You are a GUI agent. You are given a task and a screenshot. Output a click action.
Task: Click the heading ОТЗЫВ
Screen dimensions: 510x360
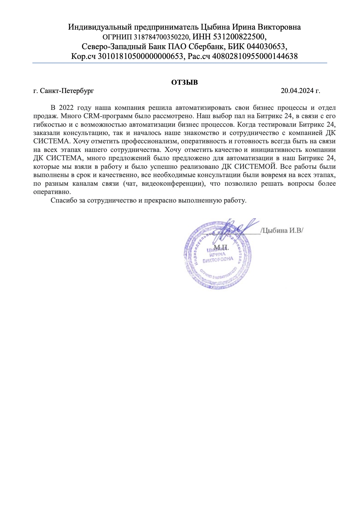click(x=184, y=82)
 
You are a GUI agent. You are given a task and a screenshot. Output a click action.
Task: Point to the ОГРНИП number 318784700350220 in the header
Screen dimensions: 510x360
click(x=162, y=37)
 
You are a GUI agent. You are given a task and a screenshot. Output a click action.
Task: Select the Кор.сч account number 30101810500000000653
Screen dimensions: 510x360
click(x=141, y=56)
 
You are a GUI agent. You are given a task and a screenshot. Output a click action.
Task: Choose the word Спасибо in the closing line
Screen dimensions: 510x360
click(x=61, y=200)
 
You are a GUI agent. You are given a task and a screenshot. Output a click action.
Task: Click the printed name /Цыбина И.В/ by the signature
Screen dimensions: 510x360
click(x=282, y=230)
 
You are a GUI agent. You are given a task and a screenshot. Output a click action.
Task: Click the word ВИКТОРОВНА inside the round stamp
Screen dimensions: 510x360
click(x=218, y=260)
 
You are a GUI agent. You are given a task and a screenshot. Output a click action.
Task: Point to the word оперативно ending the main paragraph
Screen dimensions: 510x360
click(x=52, y=192)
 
